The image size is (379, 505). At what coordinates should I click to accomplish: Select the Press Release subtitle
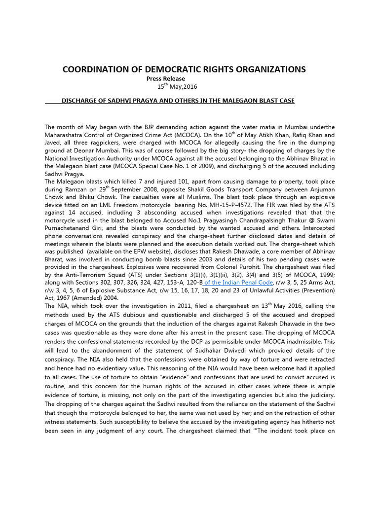(166, 78)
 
